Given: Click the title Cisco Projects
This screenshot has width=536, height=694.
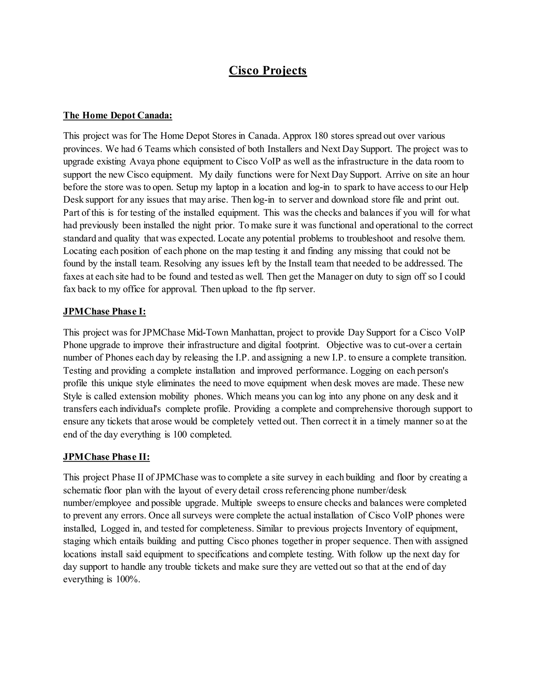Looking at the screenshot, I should pyautogui.click(x=268, y=70).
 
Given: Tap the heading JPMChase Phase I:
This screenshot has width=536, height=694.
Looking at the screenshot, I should pyautogui.click(x=104, y=311).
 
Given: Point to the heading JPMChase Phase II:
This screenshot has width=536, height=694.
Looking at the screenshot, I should pyautogui.click(x=106, y=457).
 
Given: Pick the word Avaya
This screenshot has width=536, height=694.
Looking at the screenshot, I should pyautogui.click(x=142, y=162).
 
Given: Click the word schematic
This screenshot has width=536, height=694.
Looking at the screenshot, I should pyautogui.click(x=82, y=490).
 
